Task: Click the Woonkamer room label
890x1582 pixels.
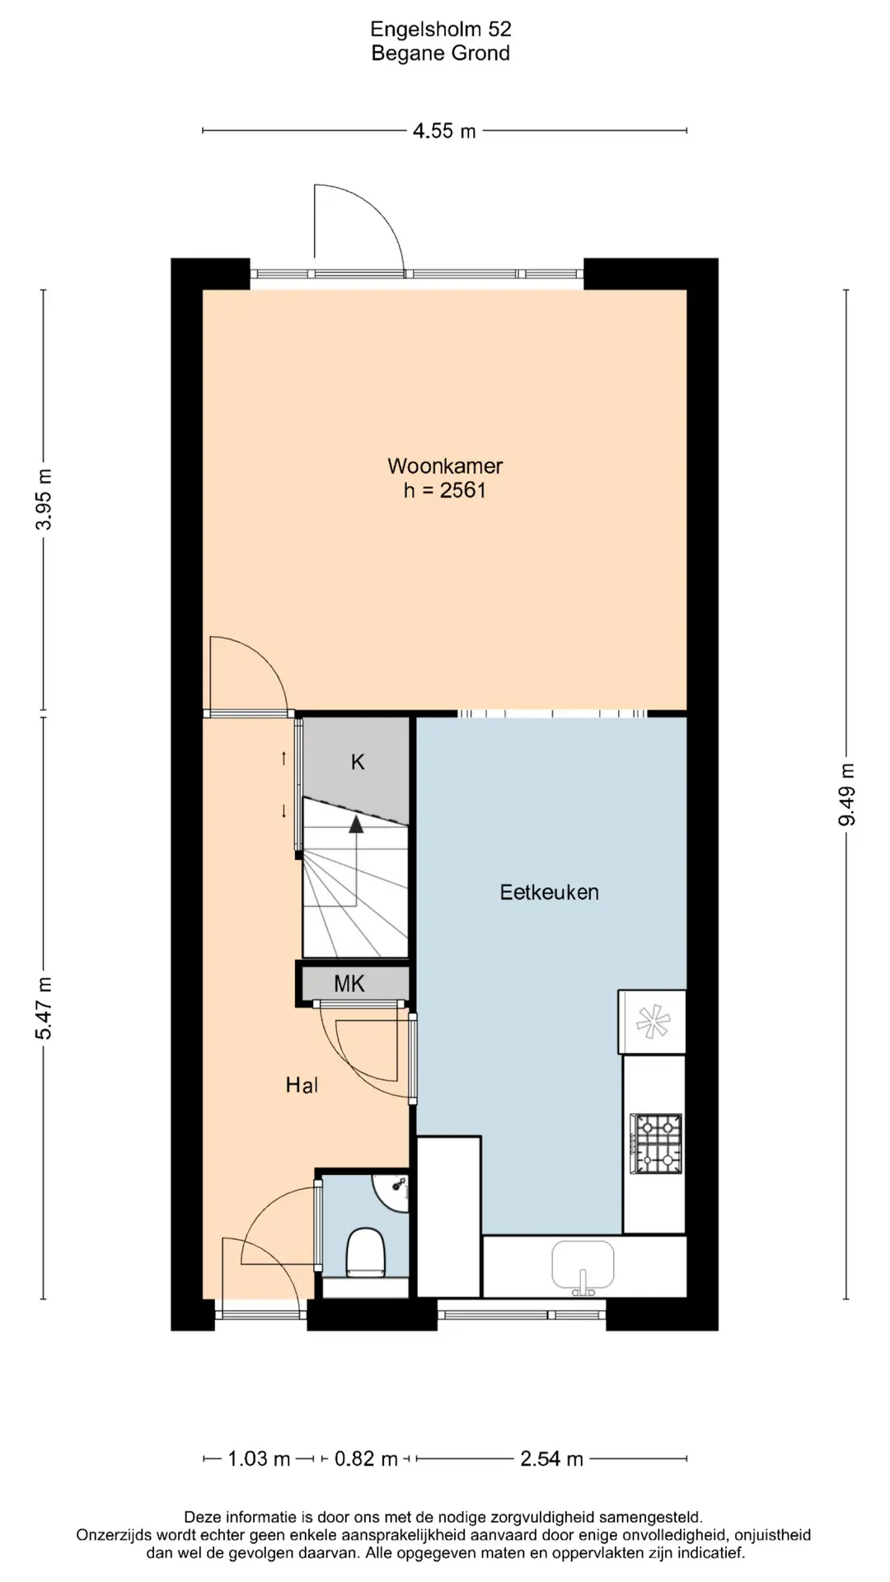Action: [445, 466]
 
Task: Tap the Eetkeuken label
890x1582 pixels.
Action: [550, 892]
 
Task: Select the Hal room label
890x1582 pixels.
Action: [302, 1085]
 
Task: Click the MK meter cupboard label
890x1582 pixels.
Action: [349, 983]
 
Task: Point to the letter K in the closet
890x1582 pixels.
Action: [358, 762]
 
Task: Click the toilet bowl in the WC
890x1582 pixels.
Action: [364, 1252]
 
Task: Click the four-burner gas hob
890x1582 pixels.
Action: [656, 1143]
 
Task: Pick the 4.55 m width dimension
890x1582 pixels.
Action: [445, 131]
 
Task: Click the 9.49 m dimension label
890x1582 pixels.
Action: [847, 794]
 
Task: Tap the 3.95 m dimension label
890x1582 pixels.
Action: [44, 499]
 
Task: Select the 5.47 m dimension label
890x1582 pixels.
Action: [44, 1008]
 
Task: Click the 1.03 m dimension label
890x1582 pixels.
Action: [259, 1459]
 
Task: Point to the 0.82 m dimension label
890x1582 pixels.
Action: [366, 1459]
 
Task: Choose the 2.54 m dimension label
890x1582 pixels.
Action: [552, 1459]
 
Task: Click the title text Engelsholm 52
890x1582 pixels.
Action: [441, 30]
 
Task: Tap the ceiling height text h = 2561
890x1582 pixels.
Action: [445, 490]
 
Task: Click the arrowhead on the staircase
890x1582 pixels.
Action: [356, 823]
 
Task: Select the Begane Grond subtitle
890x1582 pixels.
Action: [441, 54]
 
